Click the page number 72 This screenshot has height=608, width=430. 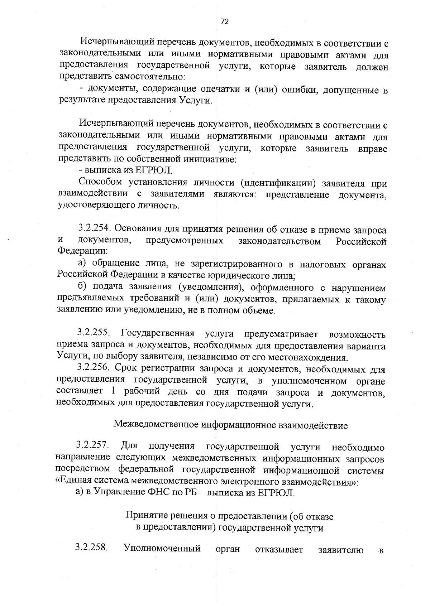click(x=224, y=22)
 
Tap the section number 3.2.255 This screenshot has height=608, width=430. click(x=94, y=334)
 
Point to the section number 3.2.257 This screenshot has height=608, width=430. click(x=92, y=446)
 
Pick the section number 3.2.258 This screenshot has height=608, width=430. click(x=92, y=547)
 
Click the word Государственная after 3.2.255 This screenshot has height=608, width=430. click(x=158, y=334)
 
